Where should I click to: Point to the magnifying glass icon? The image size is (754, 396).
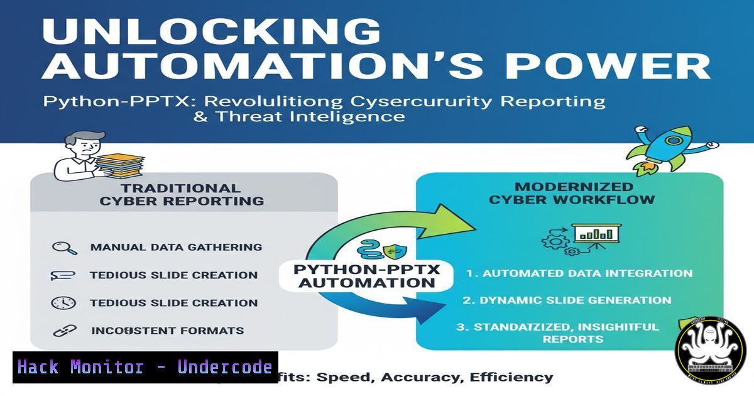click(x=63, y=247)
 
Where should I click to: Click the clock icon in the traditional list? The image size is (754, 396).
click(x=63, y=302)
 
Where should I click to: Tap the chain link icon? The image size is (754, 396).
click(x=63, y=330)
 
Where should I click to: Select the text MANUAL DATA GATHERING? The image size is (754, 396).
click(x=176, y=247)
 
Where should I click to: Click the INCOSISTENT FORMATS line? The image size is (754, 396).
click(x=168, y=330)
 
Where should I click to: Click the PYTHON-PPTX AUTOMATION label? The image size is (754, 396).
click(x=366, y=276)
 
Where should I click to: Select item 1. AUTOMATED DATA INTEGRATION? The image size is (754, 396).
click(x=579, y=273)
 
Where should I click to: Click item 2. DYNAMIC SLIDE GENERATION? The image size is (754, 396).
click(x=567, y=300)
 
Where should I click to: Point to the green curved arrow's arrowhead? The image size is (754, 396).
click(x=447, y=217)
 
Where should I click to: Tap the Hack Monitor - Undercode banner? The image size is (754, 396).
click(x=145, y=367)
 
